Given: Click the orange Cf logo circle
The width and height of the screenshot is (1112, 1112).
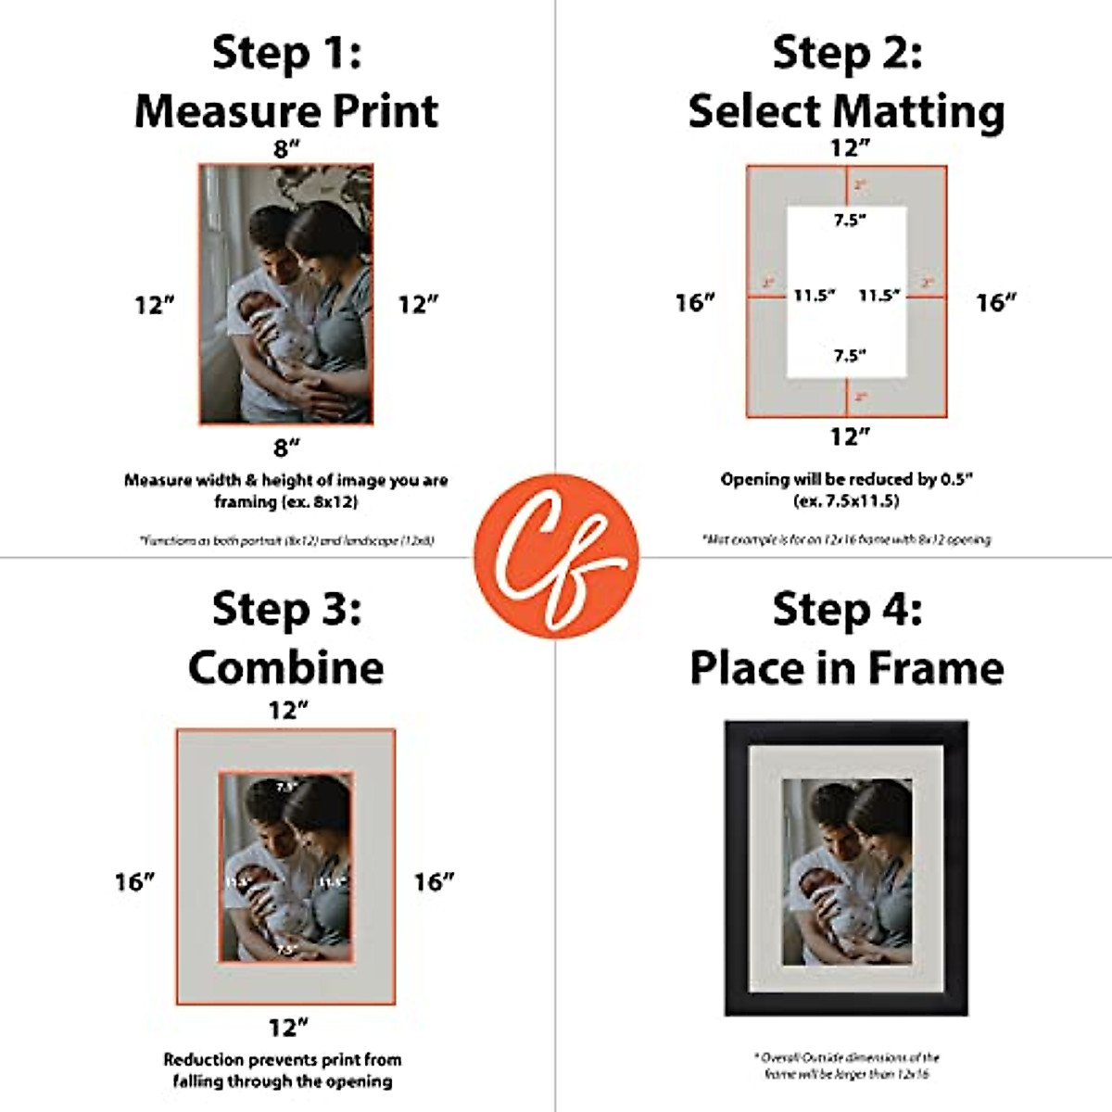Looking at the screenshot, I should (x=556, y=556).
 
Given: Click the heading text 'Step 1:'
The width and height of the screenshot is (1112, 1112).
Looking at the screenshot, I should (x=286, y=52).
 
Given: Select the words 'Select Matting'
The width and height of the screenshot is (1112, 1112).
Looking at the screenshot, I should (x=846, y=111).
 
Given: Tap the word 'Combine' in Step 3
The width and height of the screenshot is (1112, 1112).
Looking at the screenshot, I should (x=286, y=667).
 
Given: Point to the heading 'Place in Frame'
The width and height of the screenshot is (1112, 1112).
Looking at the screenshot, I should (x=846, y=667).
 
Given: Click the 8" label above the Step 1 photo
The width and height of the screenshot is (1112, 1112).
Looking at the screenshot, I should (x=286, y=149).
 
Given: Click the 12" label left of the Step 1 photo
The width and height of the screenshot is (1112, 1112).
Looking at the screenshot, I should (x=155, y=305).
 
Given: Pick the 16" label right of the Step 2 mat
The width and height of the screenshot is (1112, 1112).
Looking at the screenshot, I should (x=996, y=302).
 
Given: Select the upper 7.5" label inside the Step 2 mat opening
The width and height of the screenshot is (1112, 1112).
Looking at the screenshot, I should (x=849, y=221).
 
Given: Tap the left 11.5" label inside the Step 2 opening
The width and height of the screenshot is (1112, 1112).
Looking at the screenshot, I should (x=814, y=296).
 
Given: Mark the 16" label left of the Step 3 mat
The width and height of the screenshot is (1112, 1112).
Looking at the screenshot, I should (x=135, y=881).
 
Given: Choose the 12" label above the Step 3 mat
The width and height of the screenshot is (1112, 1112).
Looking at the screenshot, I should (x=287, y=710).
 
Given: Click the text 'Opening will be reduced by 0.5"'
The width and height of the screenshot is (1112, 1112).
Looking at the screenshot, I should (x=846, y=479).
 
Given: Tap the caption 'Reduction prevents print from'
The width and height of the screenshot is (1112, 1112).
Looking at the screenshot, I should (x=283, y=1059).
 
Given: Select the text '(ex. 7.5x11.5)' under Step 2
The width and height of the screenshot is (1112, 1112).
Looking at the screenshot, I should (x=846, y=501).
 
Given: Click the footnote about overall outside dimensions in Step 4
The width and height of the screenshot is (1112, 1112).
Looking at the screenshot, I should (x=846, y=1065).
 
